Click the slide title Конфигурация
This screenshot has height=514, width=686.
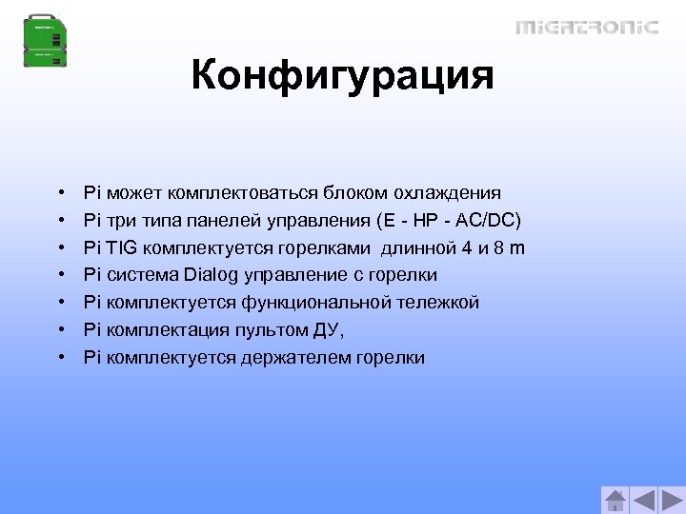click(342, 75)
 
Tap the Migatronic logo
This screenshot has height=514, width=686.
click(586, 27)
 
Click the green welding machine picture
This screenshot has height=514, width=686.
click(47, 40)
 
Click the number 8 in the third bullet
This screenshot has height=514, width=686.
click(497, 248)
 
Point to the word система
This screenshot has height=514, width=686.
click(140, 275)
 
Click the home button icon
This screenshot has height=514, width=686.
click(616, 500)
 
